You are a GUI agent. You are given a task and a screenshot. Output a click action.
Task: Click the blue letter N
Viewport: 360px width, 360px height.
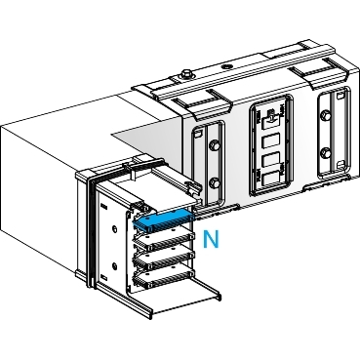[211, 239]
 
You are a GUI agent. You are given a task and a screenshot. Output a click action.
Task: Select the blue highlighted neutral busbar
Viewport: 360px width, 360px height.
[163, 220]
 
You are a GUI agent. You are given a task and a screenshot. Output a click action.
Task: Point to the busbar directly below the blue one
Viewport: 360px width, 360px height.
[165, 241]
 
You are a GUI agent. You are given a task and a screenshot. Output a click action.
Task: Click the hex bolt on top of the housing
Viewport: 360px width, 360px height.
[185, 73]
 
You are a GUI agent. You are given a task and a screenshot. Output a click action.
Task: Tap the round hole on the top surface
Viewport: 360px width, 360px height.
[225, 68]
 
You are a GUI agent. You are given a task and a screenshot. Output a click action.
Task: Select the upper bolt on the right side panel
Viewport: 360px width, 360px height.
[324, 115]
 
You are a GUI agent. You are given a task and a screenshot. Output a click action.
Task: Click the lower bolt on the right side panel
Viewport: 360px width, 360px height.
[324, 152]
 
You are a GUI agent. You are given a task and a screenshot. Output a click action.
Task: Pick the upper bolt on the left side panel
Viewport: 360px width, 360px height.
[215, 145]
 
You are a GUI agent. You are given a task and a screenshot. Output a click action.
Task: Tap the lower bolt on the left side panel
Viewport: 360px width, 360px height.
[215, 183]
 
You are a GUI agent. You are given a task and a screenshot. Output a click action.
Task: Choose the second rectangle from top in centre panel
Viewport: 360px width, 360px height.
[271, 162]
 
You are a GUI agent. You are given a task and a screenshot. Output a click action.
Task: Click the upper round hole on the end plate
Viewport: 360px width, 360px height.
[114, 229]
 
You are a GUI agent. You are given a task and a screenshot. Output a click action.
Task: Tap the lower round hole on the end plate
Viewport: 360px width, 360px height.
[114, 266]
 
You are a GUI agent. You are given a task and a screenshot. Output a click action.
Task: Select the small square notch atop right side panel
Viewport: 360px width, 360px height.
[340, 97]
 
